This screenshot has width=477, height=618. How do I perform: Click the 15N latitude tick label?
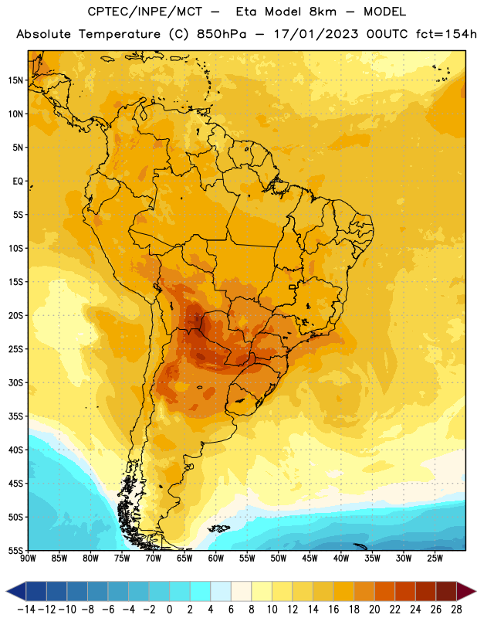tap(15, 80)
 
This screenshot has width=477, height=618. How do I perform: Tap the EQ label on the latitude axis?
tap(18, 182)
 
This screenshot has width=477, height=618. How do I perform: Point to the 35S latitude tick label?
tap(15, 416)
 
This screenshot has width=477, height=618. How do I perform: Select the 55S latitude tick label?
tap(15, 550)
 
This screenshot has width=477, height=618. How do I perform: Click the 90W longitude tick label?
tap(28, 558)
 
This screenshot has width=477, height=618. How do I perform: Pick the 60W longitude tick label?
tap(216, 558)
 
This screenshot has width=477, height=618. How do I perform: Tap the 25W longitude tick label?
tap(435, 558)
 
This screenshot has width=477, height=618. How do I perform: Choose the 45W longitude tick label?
tap(310, 558)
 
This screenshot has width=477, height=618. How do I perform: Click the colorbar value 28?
tap(456, 610)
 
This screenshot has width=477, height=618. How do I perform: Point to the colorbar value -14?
tap(26, 610)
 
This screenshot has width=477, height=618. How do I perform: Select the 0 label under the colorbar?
tap(169, 610)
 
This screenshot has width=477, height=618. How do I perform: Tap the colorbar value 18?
tap(354, 610)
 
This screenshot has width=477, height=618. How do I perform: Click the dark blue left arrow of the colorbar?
tap(16, 591)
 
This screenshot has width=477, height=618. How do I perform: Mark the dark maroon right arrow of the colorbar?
tap(466, 591)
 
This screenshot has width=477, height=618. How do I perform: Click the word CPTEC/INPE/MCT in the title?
tap(144, 12)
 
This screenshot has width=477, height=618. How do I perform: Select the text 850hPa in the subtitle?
tap(222, 34)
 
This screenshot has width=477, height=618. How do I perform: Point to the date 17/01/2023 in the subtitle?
tap(316, 34)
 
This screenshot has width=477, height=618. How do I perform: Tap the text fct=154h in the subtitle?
tap(446, 34)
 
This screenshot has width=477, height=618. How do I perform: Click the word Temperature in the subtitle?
tap(120, 35)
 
